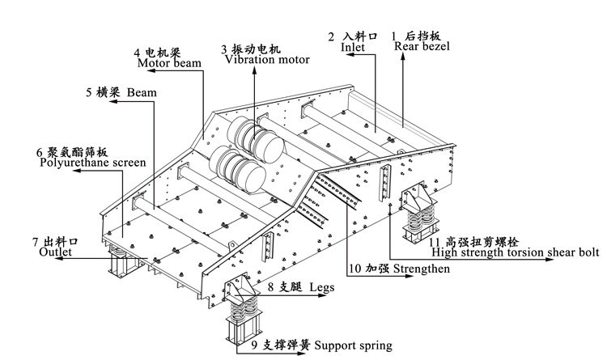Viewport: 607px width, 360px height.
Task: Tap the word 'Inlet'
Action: [x=352, y=49]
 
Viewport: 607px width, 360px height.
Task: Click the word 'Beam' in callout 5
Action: [x=142, y=92]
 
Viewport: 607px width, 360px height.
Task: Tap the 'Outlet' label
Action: [x=56, y=252]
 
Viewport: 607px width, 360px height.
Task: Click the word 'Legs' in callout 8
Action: [x=320, y=286]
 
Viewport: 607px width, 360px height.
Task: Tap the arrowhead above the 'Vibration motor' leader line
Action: [x=254, y=70]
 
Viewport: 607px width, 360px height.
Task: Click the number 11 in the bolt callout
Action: [x=435, y=240]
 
